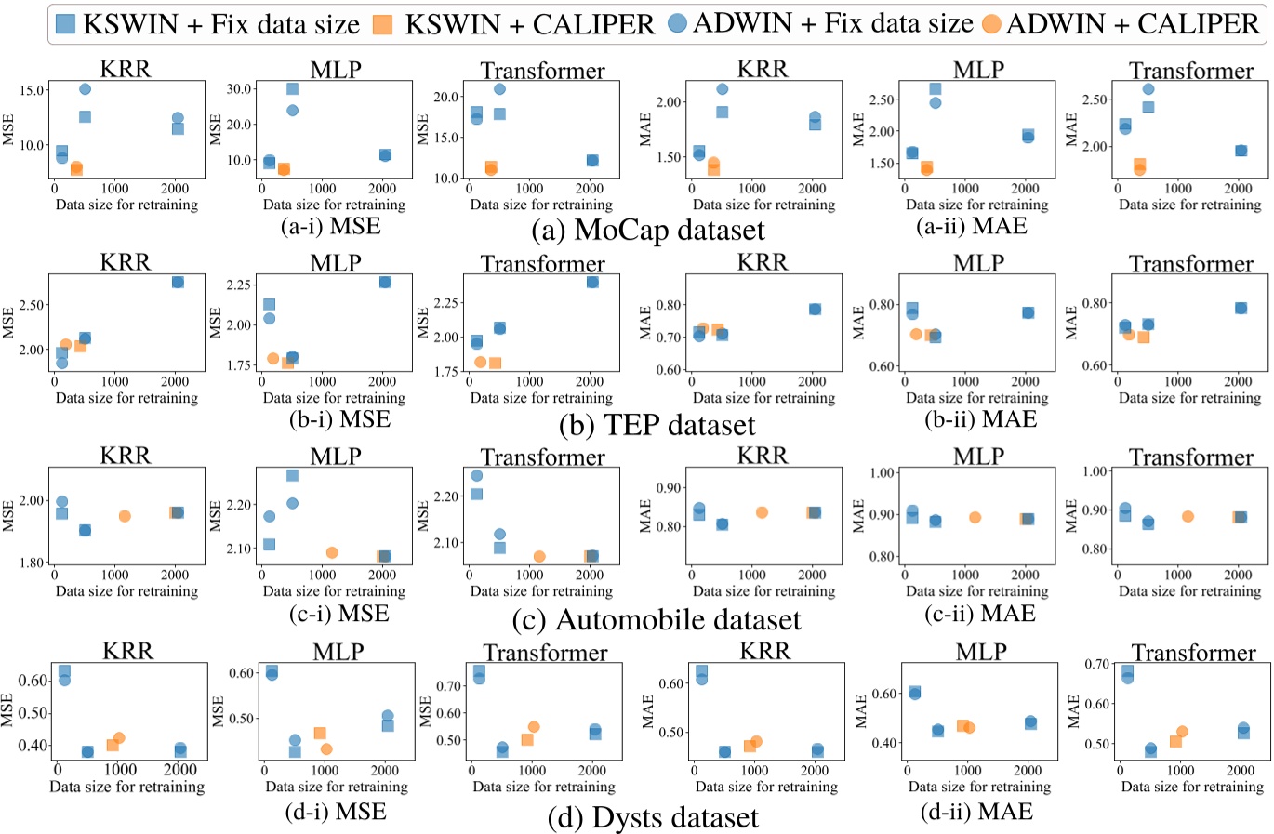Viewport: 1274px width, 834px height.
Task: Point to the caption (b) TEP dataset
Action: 657,425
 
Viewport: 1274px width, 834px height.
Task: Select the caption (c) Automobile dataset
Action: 656,619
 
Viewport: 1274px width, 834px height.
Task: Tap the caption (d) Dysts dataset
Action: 653,818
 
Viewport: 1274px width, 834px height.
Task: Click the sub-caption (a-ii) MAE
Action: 972,226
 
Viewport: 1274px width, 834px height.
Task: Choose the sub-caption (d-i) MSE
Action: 336,812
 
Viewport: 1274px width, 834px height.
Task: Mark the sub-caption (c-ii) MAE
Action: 979,614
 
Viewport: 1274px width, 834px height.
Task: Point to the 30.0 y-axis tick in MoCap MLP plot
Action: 240,89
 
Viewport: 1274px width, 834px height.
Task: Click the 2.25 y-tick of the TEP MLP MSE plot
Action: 238,285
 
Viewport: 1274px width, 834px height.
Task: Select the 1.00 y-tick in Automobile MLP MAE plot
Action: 881,473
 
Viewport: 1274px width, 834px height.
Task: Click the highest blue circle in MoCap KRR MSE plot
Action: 85,89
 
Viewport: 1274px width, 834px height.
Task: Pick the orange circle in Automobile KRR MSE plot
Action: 125,516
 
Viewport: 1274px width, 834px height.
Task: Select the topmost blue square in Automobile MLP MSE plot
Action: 292,475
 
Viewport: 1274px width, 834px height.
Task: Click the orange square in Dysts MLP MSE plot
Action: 320,734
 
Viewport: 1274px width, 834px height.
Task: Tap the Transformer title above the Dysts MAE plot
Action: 1193,653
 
